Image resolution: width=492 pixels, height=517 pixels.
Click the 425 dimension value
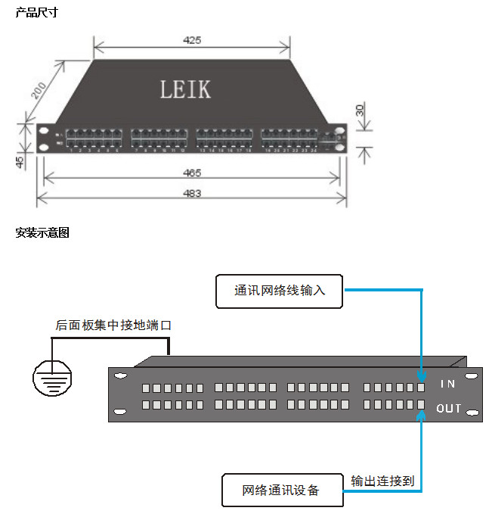pos(192,40)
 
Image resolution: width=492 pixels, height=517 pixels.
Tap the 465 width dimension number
pos(192,173)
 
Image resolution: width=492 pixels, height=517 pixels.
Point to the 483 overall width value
pos(192,194)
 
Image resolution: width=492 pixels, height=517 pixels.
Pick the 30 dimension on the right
pos(360,111)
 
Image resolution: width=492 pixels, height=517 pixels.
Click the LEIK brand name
pos(185,89)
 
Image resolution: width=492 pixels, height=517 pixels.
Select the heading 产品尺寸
pos(36,12)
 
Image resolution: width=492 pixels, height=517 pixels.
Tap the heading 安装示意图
pos(42,233)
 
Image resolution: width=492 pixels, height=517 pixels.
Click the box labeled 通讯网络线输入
pos(280,291)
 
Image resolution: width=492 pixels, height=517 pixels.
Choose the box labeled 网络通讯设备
pos(281,491)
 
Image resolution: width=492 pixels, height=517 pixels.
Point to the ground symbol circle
pos(52,376)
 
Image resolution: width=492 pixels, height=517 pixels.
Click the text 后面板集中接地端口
pos(114,325)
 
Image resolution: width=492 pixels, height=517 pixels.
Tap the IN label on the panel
pos(448,385)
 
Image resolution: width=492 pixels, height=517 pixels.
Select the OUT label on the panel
pos(448,409)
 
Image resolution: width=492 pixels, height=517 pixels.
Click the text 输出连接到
pos(382,480)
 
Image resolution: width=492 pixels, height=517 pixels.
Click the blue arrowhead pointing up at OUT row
pos(422,413)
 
